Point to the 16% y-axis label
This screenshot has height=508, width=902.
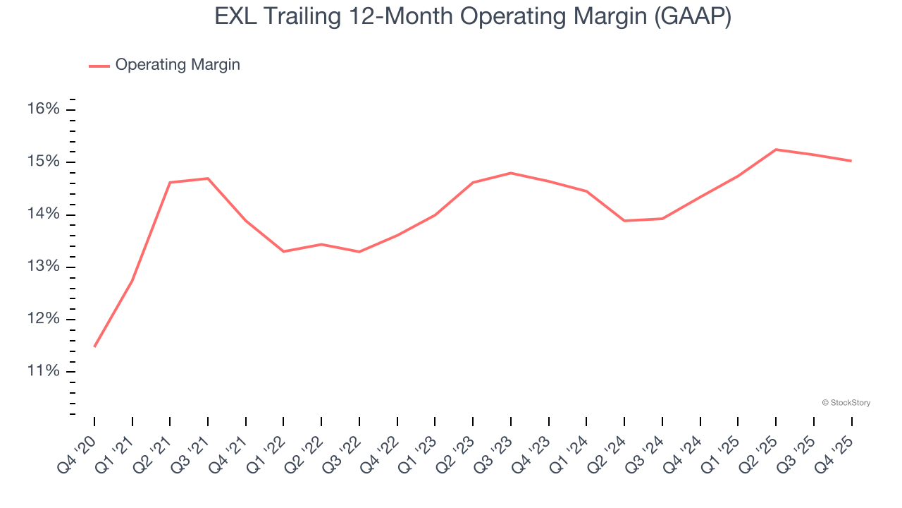[x=44, y=109]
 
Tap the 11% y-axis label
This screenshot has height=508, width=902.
[x=44, y=372]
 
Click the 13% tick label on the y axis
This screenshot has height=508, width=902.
[x=44, y=267]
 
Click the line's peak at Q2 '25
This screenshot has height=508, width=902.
[x=776, y=150]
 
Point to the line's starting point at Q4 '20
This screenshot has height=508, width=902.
[x=94, y=346]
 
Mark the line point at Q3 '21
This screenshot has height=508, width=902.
[x=208, y=179]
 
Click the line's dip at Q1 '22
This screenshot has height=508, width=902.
[x=283, y=251]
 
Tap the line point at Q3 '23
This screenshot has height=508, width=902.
[x=510, y=173]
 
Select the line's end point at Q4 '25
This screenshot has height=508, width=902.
[x=851, y=161]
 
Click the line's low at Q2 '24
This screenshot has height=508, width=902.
[x=624, y=221]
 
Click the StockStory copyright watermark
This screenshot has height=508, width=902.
[x=846, y=403]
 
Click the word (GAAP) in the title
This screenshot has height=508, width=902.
[x=693, y=17]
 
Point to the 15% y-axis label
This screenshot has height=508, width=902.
[x=44, y=162]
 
